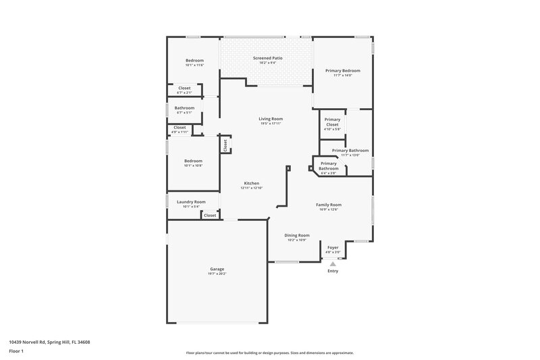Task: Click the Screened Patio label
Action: pos(267,59)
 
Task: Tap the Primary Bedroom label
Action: pos(342,71)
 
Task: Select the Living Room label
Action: pos(270,120)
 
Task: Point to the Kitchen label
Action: pos(251,184)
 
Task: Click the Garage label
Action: pos(217,269)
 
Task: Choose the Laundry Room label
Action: pos(191,202)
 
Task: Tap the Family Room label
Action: pos(329,205)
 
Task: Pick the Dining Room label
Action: pos(297,235)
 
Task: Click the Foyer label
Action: pos(333,248)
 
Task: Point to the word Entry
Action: pos(333,272)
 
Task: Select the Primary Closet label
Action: pos(332,122)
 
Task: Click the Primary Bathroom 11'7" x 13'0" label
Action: pos(350,151)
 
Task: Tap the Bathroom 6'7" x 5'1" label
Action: pos(184,108)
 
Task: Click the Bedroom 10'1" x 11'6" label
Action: pos(194,61)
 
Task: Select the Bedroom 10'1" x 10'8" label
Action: pos(194,161)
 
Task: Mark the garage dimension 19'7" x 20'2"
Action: pos(217,274)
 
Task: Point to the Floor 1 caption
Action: pos(16,352)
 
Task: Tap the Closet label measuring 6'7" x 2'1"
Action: pos(184,88)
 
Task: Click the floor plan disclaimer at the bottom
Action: pos(270,353)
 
